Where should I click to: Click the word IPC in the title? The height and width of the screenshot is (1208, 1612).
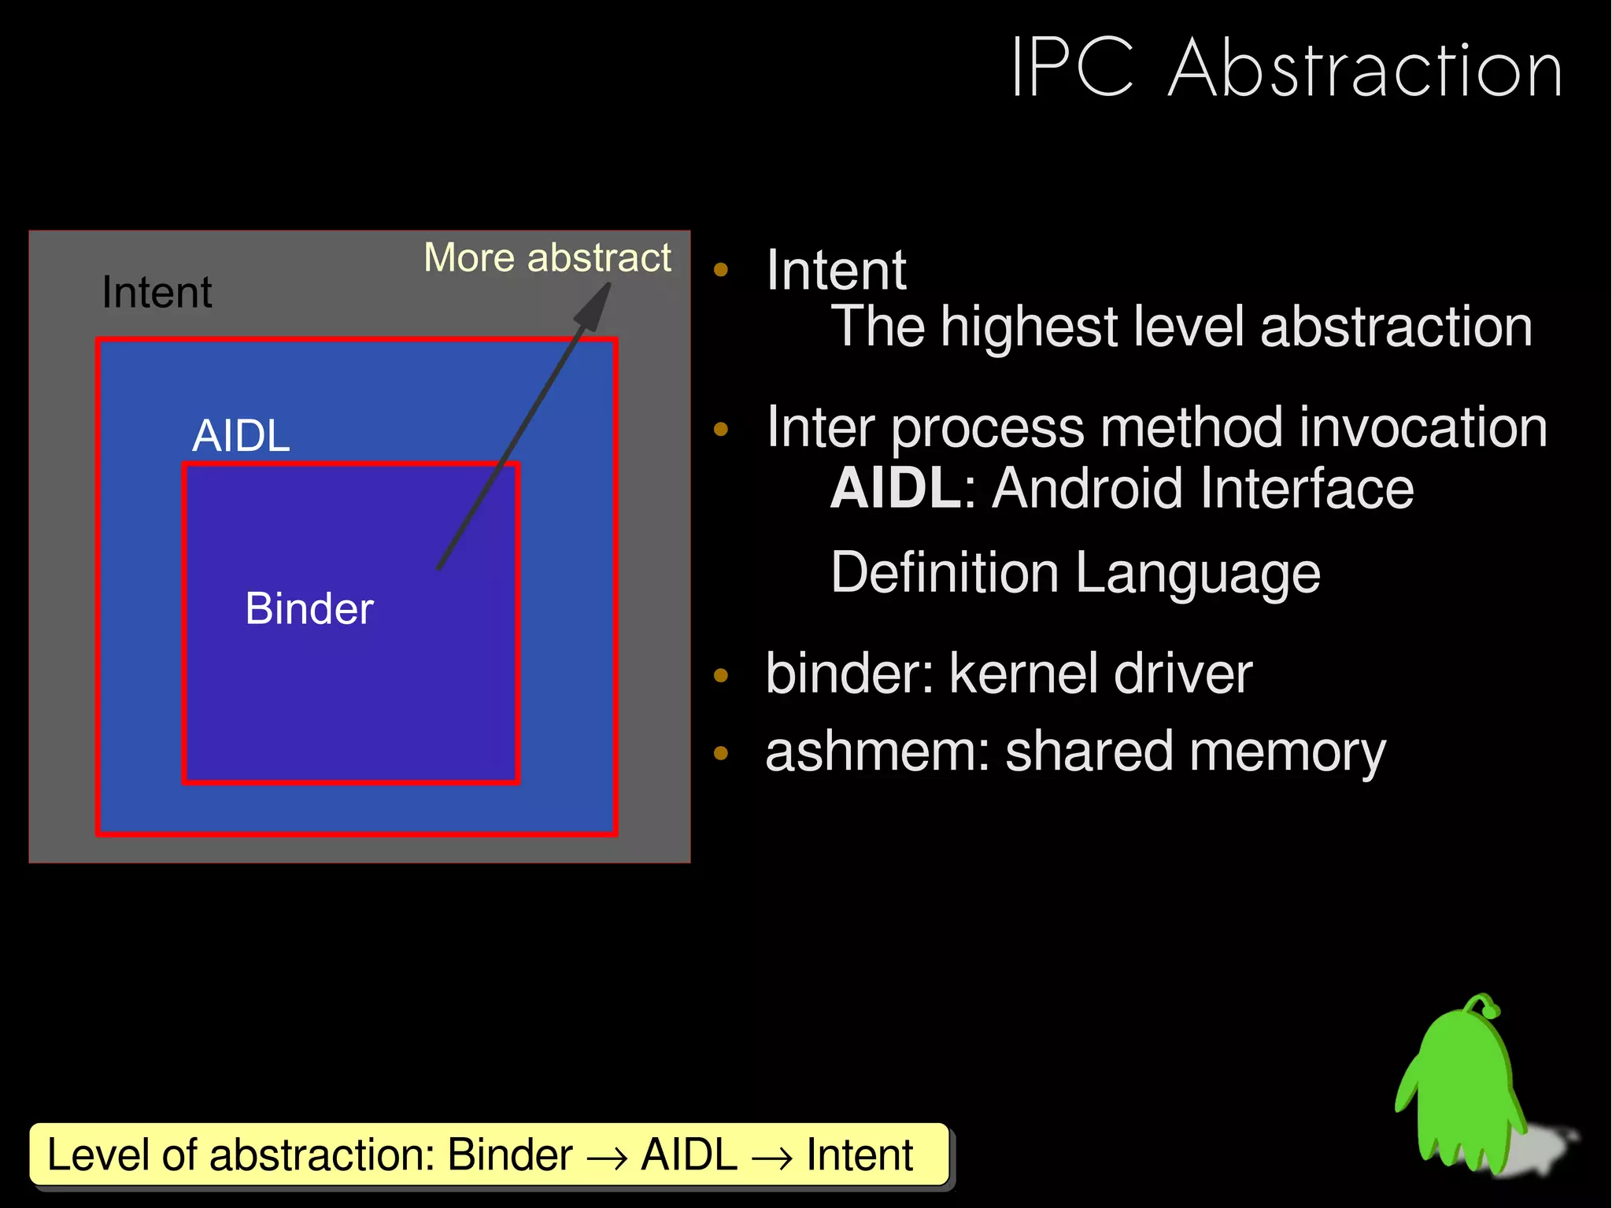pyautogui.click(x=1072, y=69)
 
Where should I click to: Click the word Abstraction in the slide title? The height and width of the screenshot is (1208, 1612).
pyautogui.click(x=1364, y=69)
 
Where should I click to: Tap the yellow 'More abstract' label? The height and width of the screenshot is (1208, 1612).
pyautogui.click(x=547, y=258)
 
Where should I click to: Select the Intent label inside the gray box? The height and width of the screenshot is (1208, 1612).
pyautogui.click(x=157, y=293)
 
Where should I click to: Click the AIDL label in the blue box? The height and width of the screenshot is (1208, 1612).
pyautogui.click(x=241, y=436)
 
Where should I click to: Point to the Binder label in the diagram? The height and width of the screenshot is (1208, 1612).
pyautogui.click(x=309, y=608)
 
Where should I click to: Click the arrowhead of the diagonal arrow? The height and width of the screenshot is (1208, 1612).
pyautogui.click(x=595, y=307)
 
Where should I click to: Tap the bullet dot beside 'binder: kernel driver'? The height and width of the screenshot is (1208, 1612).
pyautogui.click(x=720, y=675)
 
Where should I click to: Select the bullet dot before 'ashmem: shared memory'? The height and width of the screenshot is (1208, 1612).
pyautogui.click(x=720, y=753)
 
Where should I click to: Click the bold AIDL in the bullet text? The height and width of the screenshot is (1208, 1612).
pyautogui.click(x=895, y=489)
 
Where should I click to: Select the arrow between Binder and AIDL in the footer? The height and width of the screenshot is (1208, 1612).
pyautogui.click(x=607, y=1157)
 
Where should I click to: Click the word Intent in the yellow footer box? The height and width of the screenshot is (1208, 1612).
pyautogui.click(x=860, y=1155)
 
